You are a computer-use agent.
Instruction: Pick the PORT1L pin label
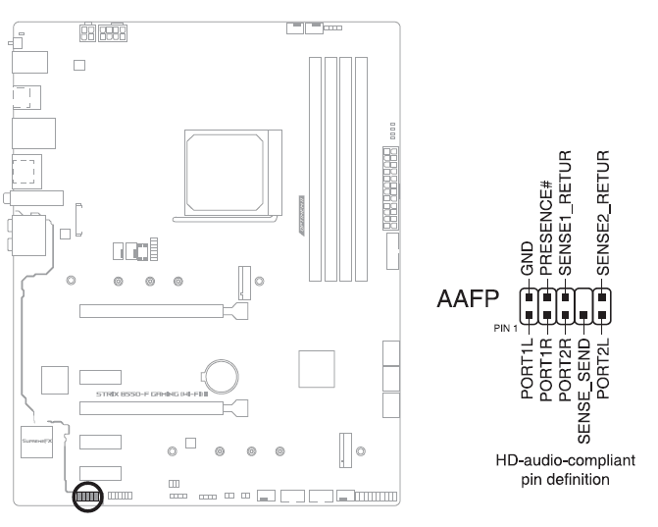click(x=528, y=364)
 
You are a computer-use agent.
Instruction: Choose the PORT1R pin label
click(x=547, y=364)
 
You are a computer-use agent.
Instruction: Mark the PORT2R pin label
click(x=565, y=364)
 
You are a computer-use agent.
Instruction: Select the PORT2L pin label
click(x=603, y=364)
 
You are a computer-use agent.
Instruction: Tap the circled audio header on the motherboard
click(x=87, y=498)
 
